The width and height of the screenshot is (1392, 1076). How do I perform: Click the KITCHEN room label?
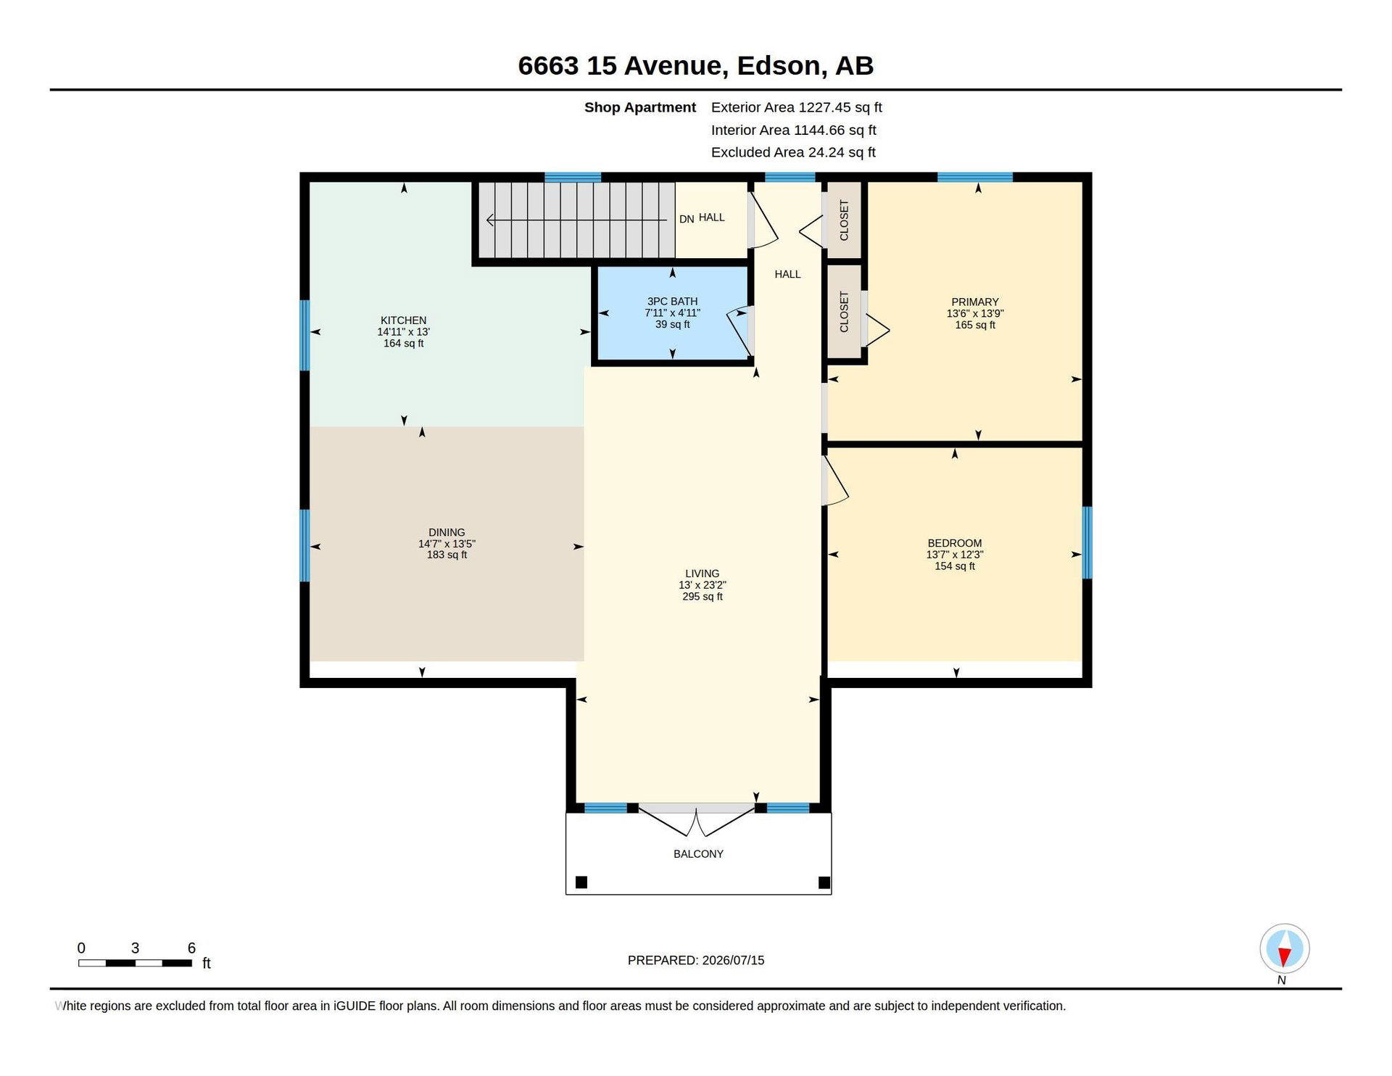tap(403, 320)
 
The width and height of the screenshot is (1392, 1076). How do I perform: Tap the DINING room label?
tap(447, 532)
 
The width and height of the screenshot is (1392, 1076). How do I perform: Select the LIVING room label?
tap(702, 574)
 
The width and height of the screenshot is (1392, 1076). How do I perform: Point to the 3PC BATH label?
tap(672, 302)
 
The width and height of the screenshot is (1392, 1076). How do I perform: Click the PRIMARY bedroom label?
tap(975, 302)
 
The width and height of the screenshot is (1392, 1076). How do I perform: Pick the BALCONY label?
tap(698, 854)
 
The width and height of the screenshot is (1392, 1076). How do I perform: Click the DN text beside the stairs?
tap(687, 219)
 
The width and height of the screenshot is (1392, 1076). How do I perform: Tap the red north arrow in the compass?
tap(1284, 957)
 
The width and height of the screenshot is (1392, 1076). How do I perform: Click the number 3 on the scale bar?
tap(135, 948)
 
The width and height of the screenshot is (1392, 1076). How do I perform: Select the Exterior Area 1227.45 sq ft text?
tap(796, 107)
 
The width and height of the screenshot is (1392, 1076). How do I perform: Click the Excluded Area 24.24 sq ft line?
tap(793, 152)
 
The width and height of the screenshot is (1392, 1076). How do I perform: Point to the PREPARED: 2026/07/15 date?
tap(696, 960)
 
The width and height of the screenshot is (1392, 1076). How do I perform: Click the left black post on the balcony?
tap(581, 882)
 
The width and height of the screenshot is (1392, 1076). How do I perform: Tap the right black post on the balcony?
tap(824, 882)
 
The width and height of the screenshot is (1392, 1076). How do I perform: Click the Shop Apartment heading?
tap(640, 107)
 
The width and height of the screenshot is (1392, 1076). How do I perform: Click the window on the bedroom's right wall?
tap(1087, 542)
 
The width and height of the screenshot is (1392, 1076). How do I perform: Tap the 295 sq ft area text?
tap(702, 597)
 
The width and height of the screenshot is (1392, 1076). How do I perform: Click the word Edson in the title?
tap(778, 66)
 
